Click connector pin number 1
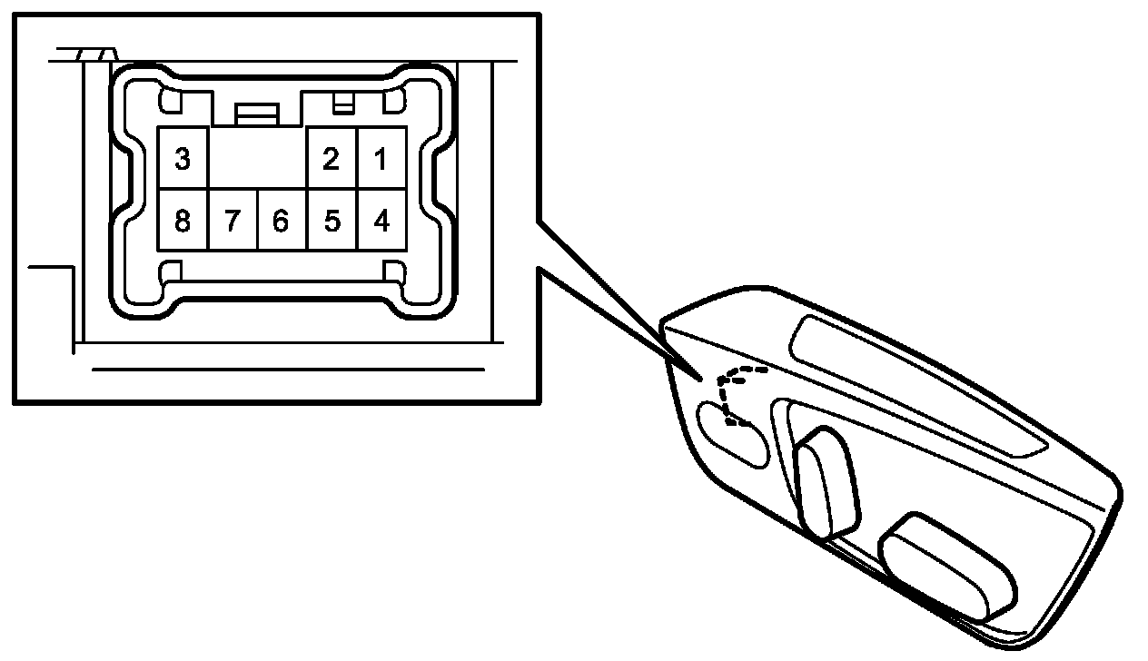click(381, 159)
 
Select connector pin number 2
click(332, 159)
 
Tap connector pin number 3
click(183, 159)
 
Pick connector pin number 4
click(381, 220)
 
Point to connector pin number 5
click(332, 220)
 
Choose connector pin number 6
click(282, 220)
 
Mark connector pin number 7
click(233, 220)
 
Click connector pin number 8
click(183, 220)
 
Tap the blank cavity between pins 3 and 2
click(258, 159)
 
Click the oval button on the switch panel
click(734, 435)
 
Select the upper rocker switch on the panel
click(826, 481)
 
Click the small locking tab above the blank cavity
click(257, 113)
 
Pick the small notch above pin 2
click(342, 103)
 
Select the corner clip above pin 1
click(395, 101)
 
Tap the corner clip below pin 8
click(171, 271)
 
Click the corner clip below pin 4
click(394, 271)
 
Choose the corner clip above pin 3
click(171, 101)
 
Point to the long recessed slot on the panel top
click(917, 386)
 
